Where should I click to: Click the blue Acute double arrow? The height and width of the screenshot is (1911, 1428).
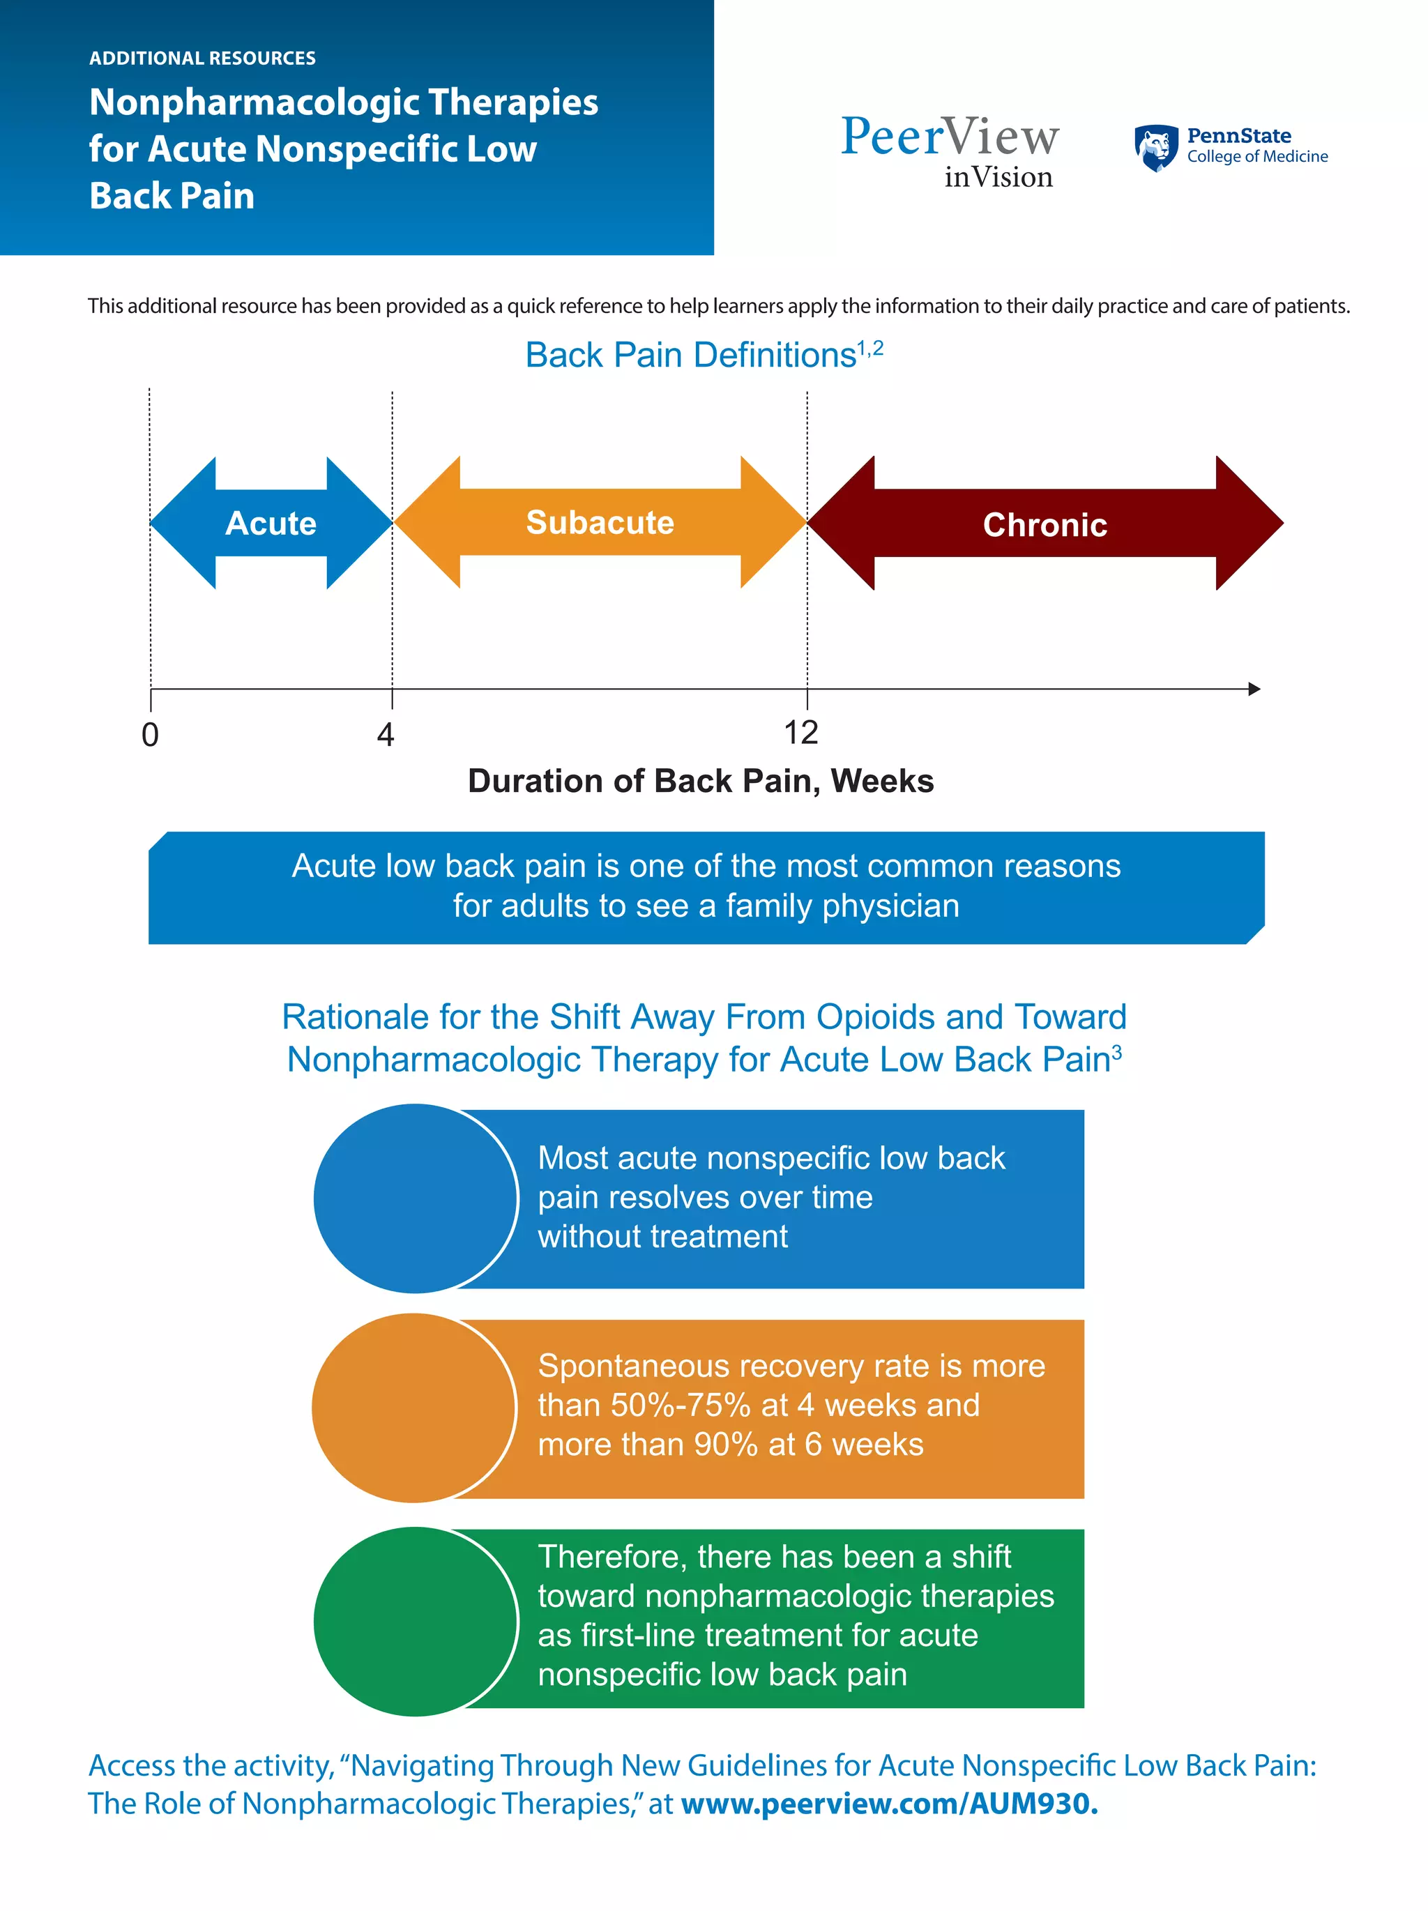[271, 523]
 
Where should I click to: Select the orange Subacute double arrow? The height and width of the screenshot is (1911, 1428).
[600, 523]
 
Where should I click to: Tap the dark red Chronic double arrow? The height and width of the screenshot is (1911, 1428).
[1045, 524]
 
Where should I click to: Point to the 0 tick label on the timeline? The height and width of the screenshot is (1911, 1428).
[151, 736]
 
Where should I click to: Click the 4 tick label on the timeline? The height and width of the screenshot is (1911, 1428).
[386, 736]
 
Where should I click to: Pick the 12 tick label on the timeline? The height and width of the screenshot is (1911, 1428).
[801, 733]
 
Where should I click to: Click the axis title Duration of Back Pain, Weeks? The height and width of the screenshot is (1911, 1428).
[700, 781]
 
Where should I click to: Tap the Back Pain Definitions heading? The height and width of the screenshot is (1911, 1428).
[691, 355]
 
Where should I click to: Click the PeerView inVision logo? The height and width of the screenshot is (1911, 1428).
[950, 151]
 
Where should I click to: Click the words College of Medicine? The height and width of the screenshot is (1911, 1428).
[1257, 158]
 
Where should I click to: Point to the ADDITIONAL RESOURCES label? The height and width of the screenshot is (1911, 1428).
[202, 59]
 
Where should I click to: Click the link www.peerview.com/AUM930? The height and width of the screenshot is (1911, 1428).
[889, 1804]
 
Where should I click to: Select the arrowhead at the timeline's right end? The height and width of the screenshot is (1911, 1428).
[1254, 689]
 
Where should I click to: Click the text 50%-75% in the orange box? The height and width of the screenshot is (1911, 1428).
[680, 1406]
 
